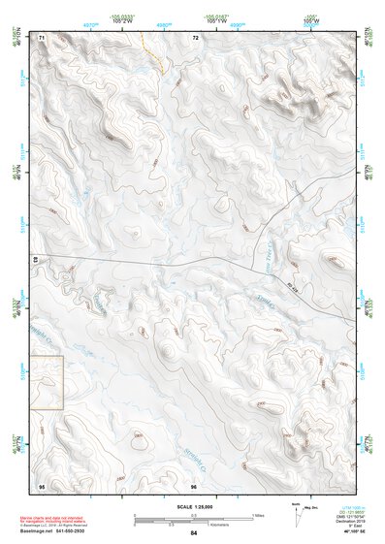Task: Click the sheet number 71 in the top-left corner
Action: click(x=42, y=38)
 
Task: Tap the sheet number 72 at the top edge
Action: click(x=195, y=38)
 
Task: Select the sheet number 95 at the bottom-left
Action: click(x=41, y=485)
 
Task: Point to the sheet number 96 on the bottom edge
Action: click(x=194, y=486)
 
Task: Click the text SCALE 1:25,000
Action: click(x=193, y=507)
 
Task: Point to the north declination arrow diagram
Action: click(x=296, y=512)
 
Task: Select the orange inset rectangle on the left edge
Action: click(x=47, y=381)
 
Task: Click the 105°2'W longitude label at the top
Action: click(x=122, y=20)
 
